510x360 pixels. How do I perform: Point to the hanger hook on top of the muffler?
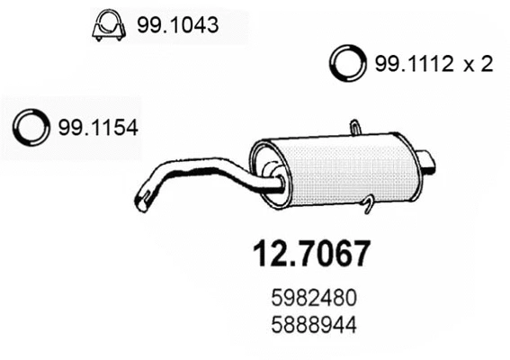click(356, 126)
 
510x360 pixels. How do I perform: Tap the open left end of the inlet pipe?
click(141, 200)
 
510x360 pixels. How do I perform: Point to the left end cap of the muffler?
click(266, 171)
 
